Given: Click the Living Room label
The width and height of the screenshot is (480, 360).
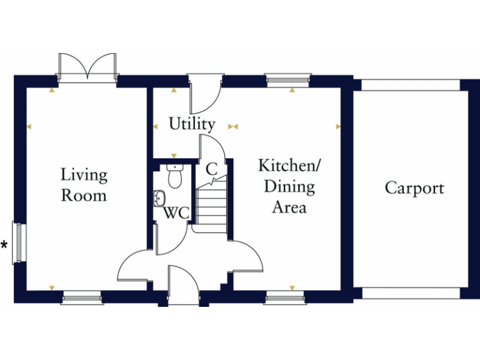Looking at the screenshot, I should [x=84, y=185].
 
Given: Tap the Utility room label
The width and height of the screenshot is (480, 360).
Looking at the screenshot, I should [x=192, y=124].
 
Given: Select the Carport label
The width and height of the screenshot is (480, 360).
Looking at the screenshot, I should [x=414, y=187].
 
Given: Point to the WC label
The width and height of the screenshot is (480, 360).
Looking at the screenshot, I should [x=176, y=212].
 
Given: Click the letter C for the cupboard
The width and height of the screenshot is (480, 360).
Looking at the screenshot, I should [x=211, y=168].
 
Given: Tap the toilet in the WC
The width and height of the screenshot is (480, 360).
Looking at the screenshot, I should [x=174, y=176].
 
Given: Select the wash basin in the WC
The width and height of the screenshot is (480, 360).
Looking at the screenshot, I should [x=159, y=198].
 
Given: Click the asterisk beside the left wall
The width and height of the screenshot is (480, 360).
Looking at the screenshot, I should [x=5, y=245].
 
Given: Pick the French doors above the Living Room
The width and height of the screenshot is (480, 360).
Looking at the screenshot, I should [x=87, y=66].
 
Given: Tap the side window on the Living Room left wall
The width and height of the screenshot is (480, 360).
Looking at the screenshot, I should [x=18, y=242].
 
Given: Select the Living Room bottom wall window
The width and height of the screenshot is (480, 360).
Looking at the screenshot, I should [x=81, y=298].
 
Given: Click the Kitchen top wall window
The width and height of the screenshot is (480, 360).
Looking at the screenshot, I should [x=287, y=79].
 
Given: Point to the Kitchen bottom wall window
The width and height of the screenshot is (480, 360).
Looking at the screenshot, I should [x=285, y=298].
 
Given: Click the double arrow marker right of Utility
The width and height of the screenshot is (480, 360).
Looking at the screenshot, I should [x=233, y=126].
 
